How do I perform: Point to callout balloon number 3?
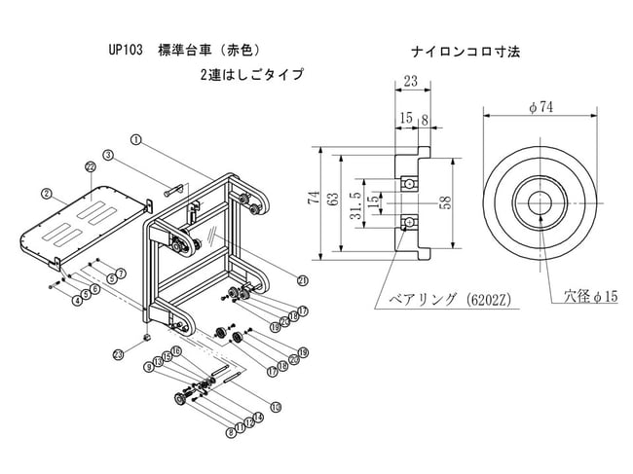click(108, 156)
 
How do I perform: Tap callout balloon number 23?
click(119, 353)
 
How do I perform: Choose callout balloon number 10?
click(276, 407)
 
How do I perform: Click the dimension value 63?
click(332, 201)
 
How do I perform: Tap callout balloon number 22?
click(90, 167)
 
